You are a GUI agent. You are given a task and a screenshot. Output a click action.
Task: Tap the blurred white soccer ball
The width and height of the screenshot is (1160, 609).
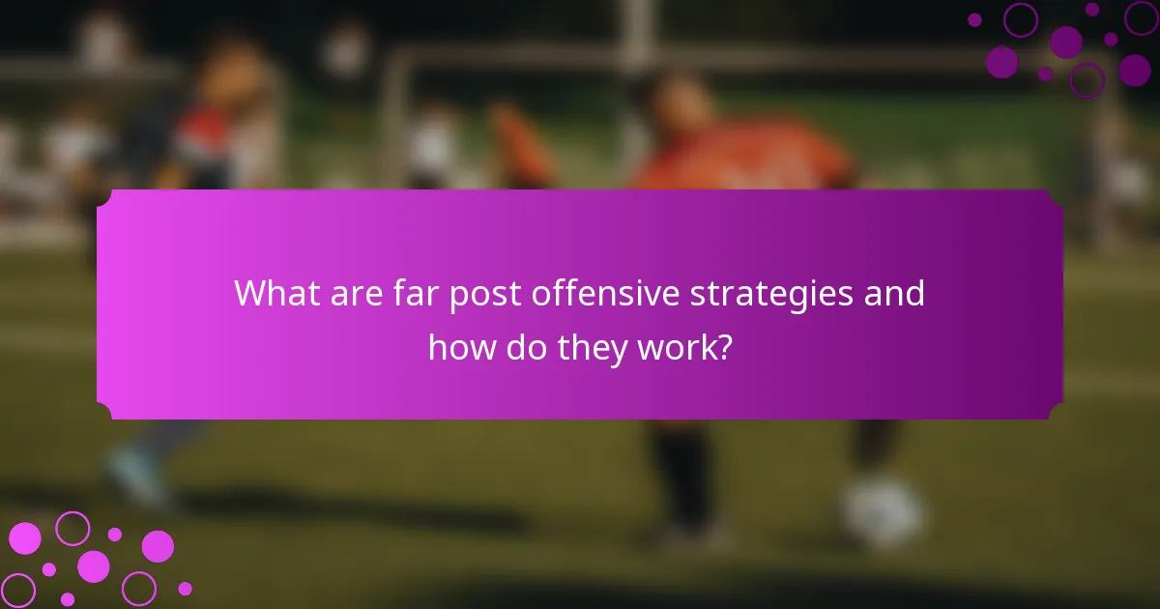click(881, 512)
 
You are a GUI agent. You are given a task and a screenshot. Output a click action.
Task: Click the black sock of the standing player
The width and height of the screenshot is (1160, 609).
click(689, 474)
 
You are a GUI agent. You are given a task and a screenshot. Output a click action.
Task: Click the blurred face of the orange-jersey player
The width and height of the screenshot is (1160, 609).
click(677, 101)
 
